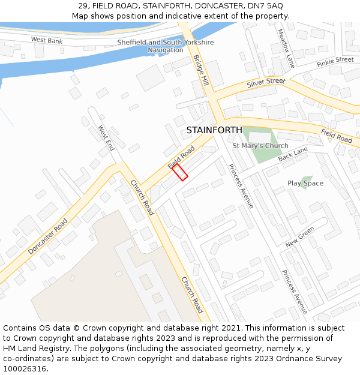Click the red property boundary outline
180,172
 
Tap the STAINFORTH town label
214,130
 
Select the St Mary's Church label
260,146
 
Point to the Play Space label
305,184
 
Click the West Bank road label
46,40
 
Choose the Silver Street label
266,82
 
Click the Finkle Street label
335,61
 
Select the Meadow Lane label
286,48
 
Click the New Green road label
299,237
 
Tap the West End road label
106,138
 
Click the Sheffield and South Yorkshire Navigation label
165,46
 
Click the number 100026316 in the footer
25,369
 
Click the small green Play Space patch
306,181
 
